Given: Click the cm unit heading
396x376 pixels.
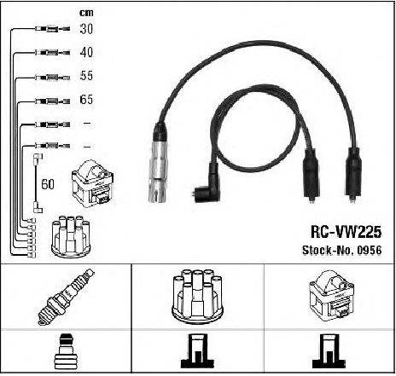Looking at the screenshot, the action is tap(86, 13).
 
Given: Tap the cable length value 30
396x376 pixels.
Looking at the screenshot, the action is tap(86, 29).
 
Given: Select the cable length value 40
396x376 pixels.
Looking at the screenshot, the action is tap(86, 52).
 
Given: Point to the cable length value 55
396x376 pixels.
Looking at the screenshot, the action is tap(86, 76).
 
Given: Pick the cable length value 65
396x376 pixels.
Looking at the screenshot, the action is tap(86, 100).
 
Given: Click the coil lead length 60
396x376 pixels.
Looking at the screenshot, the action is tap(48, 184).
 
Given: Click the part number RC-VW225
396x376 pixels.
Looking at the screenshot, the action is tap(346, 232).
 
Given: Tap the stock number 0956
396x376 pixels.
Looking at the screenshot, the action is tap(370, 250).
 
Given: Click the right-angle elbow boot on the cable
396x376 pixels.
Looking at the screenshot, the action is tap(208, 185).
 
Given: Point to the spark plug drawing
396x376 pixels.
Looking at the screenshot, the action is tap(67, 297).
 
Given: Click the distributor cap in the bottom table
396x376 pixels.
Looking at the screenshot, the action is tap(197, 297).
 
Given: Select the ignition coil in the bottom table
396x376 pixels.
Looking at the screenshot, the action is tap(331, 296).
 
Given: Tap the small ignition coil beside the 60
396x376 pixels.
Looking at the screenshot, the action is tap(93, 183).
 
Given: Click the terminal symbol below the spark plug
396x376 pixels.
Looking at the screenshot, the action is tap(66, 351).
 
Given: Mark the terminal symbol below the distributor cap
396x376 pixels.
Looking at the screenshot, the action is tap(197, 351).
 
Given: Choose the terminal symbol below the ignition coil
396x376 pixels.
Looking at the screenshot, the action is tap(329, 351).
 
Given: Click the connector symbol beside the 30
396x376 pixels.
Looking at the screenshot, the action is tap(52, 29).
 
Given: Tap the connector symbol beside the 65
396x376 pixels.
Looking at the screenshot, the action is tap(52, 101).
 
